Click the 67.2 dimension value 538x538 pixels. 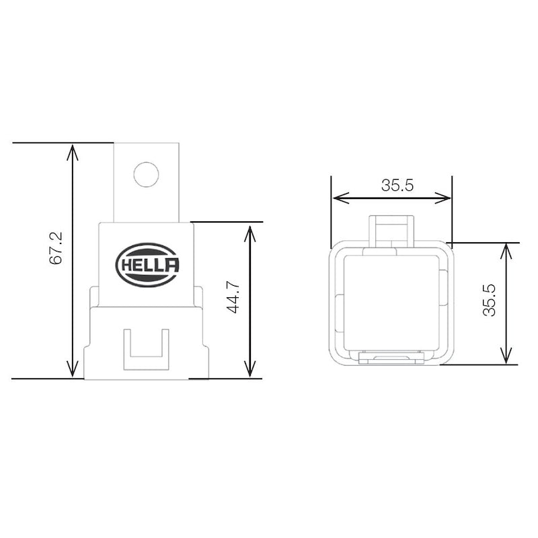tap(56, 248)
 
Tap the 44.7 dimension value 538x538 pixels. tap(233, 297)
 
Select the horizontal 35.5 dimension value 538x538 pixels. tap(397, 186)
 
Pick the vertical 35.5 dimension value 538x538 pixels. tap(490, 300)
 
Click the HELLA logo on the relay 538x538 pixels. tap(147, 265)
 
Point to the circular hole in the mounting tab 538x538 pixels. tap(147, 174)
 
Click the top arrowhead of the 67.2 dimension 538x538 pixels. tap(72, 152)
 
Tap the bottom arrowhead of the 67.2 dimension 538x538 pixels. tap(72, 369)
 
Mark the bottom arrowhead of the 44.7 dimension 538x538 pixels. tap(250, 369)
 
